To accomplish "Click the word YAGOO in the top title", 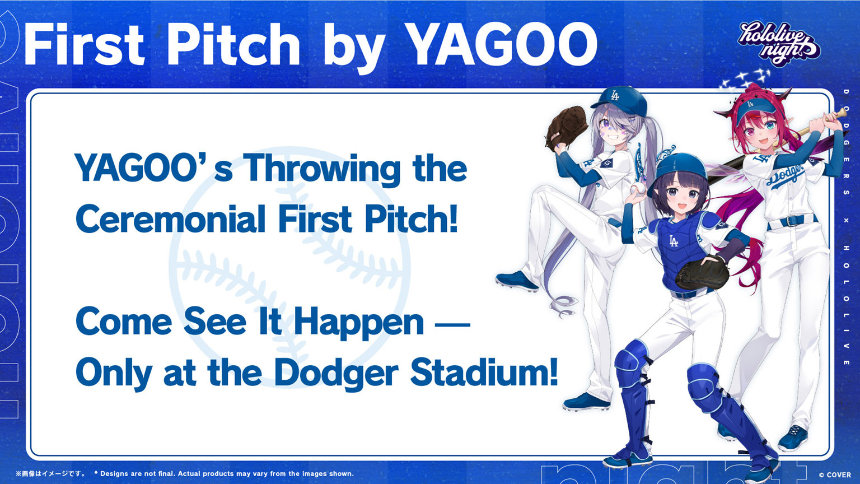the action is pos(501,44).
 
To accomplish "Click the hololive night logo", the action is pos(779,43).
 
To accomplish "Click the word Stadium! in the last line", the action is pos(484,372).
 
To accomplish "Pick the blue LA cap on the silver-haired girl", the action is pos(618,101).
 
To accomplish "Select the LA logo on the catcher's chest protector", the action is pos(674,241).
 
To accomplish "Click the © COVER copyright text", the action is pos(835,475).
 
